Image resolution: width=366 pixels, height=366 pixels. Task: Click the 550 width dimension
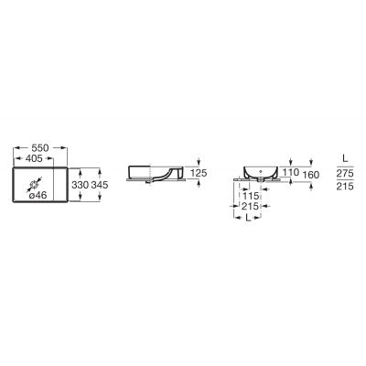pos(40,148)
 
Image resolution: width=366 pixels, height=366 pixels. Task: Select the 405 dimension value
pos(34,158)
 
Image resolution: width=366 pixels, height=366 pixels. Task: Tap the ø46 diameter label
pos(38,195)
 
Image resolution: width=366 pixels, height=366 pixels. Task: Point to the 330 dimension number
pos(81,185)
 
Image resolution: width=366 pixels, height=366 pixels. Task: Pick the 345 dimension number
pos(100,185)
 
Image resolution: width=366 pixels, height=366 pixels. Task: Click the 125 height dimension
pos(199,173)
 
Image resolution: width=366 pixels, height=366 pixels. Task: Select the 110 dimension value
pos(290,172)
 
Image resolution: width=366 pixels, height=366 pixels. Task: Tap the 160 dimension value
pos(311,175)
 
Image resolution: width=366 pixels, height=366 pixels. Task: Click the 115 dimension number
pos(250,196)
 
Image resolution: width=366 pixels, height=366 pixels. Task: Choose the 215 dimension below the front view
pos(250,207)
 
